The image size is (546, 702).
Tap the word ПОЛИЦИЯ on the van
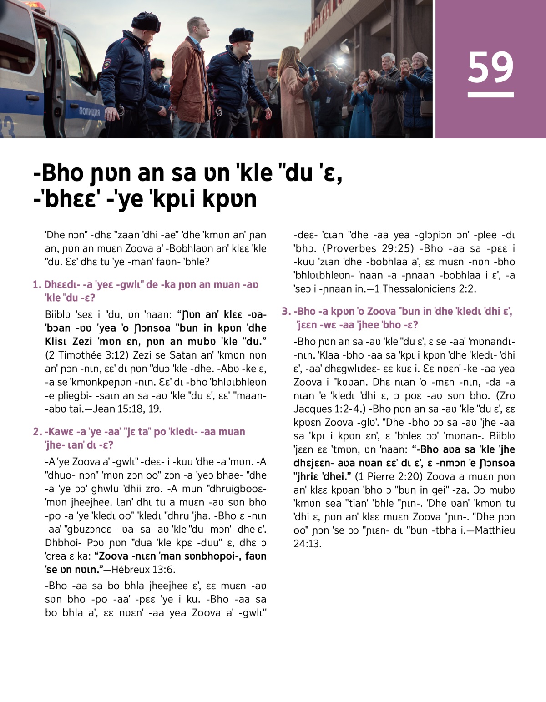[x=90, y=111]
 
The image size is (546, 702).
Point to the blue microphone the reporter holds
[x=313, y=73]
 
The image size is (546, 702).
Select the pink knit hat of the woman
[x=419, y=57]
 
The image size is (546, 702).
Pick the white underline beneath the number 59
[x=490, y=95]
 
